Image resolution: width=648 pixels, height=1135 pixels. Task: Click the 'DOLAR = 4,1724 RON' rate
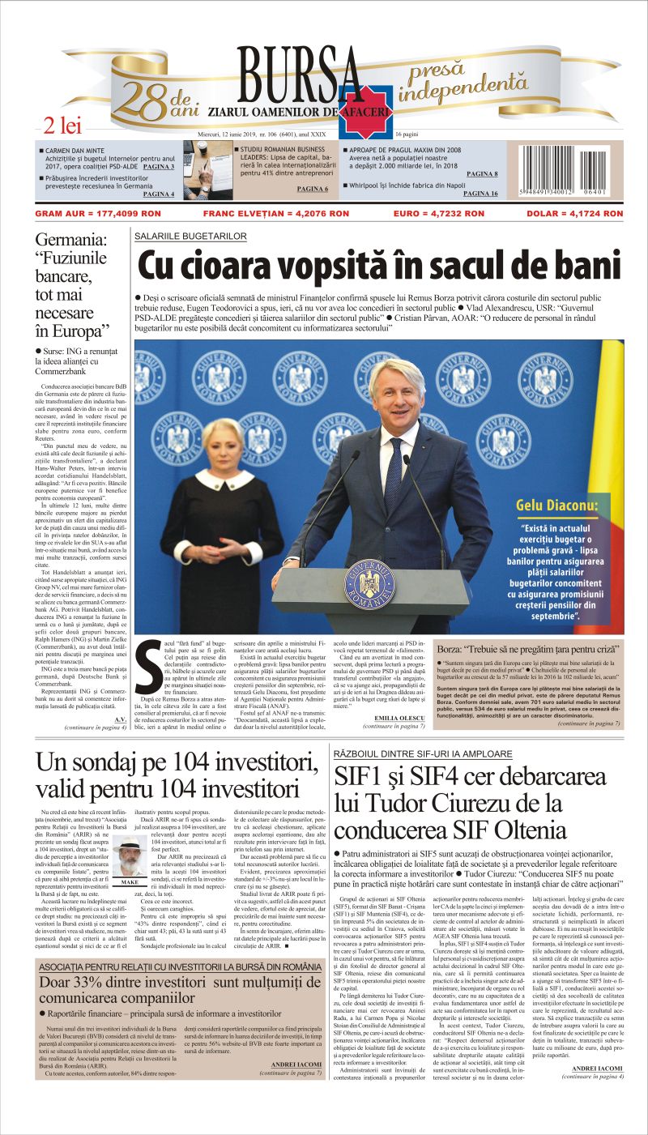(x=578, y=214)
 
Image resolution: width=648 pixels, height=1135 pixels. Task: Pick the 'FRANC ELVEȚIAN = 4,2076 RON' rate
(x=275, y=214)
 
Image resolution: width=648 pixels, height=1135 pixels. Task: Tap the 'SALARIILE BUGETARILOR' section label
(x=191, y=236)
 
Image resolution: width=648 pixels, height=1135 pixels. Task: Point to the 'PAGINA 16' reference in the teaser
(x=481, y=194)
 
